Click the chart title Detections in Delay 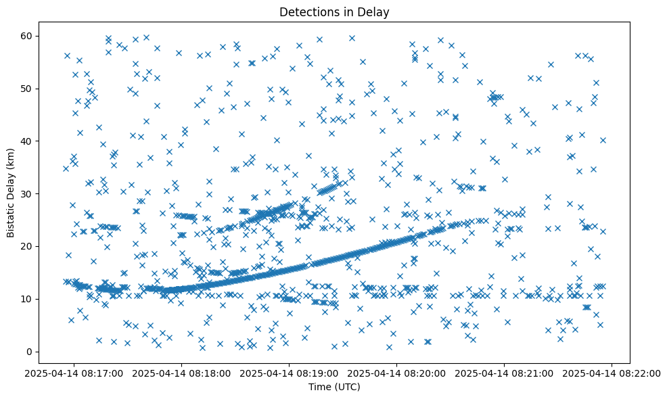point(334,12)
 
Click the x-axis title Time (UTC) point(334,387)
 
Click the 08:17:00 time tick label point(75,373)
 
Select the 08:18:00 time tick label point(183,373)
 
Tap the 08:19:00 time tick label point(290,373)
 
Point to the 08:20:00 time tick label point(398,373)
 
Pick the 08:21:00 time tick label point(505,373)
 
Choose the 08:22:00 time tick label point(613,373)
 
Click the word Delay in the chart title point(375,12)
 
